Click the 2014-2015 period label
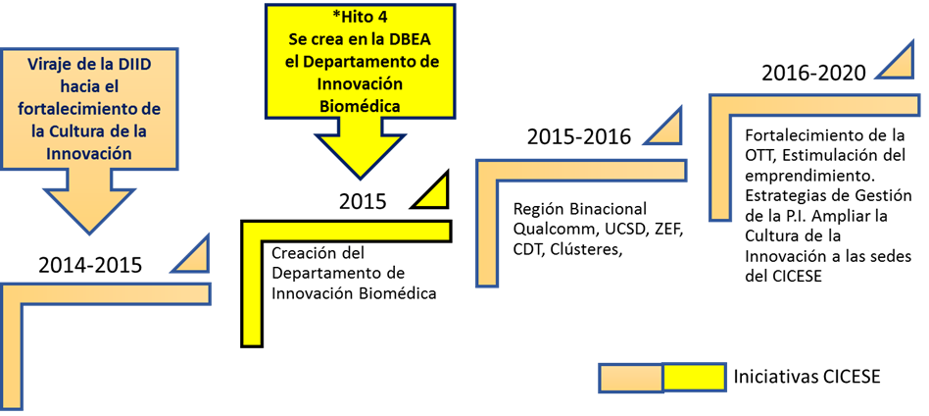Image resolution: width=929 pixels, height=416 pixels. (x=90, y=264)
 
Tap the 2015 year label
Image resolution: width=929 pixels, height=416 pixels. (x=363, y=202)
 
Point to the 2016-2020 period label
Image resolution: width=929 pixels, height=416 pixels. (x=814, y=74)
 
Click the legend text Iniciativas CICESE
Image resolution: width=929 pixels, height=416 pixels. (x=807, y=377)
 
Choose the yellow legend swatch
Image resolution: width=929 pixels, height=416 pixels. (x=694, y=378)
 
